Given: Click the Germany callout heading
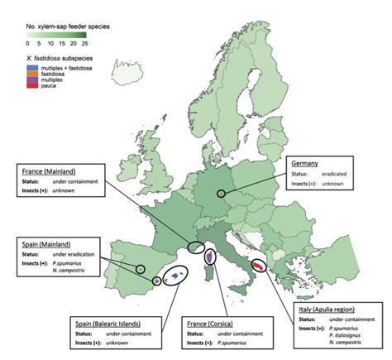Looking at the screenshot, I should point(304,163).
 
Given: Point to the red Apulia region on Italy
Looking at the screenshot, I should point(258,266).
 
